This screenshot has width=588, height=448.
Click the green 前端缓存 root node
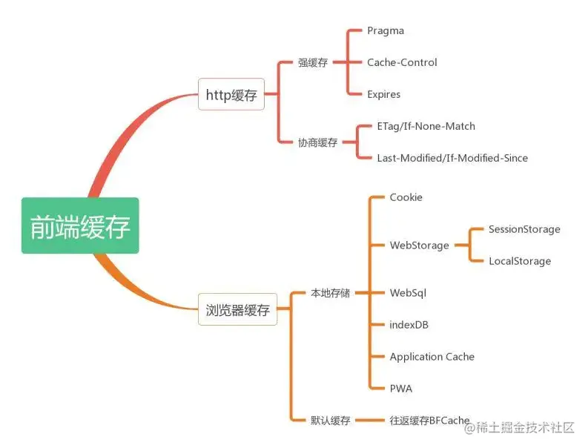click(80, 226)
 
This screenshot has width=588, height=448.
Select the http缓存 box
click(231, 95)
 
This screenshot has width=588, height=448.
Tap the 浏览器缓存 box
click(237, 309)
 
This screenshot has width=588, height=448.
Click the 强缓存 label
click(313, 63)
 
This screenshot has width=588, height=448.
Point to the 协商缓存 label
click(317, 142)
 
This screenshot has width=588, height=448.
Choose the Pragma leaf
click(386, 30)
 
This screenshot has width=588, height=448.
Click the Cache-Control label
click(402, 62)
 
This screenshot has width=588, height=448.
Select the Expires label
click(383, 94)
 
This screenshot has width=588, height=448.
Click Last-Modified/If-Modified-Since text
click(452, 158)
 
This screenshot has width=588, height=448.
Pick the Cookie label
click(406, 197)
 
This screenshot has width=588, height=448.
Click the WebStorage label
click(419, 246)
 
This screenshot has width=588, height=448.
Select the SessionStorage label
click(524, 229)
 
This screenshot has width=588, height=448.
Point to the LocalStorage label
click(520, 261)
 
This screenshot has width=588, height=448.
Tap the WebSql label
click(408, 293)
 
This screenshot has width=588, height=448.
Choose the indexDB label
click(409, 325)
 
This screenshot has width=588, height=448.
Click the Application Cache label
click(432, 357)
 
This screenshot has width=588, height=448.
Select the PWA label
click(400, 388)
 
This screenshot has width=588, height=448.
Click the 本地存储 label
click(330, 293)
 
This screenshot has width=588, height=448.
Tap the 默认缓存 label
click(330, 421)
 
